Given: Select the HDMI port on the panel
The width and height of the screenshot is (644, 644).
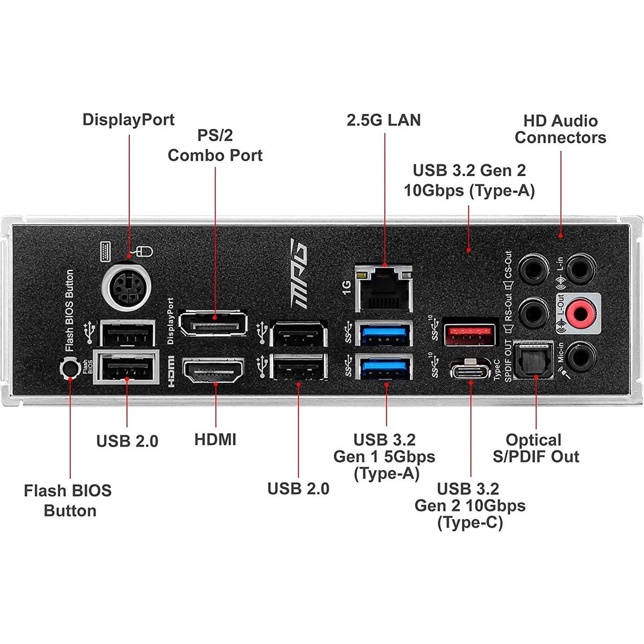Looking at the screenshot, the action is (214, 370).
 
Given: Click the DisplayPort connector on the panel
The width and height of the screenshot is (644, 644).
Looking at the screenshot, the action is (214, 323).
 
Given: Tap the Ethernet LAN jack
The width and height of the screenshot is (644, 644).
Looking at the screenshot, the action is (384, 289).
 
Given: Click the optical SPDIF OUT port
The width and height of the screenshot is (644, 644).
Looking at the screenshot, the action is (533, 360).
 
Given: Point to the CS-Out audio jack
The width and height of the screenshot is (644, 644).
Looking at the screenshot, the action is (533, 269).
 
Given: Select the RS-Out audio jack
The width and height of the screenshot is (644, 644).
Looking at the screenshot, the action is (533, 313).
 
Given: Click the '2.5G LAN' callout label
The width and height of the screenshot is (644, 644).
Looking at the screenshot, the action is (384, 120).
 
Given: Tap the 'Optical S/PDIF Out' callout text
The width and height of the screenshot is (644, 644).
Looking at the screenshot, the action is (536, 448).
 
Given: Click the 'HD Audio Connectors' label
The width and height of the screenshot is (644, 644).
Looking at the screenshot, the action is (560, 129).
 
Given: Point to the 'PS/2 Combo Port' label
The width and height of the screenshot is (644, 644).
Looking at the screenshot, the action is (215, 145).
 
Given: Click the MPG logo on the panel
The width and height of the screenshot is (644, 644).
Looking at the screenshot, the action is (298, 274).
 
